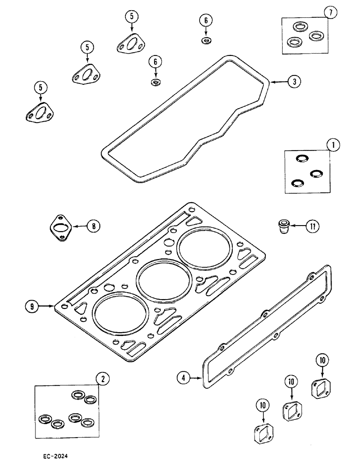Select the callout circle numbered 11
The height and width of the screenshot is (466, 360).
tap(312, 227)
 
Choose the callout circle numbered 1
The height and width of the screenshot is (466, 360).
tap(333, 145)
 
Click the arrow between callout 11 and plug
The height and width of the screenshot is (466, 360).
tap(298, 227)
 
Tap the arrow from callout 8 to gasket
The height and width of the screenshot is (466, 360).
tap(78, 226)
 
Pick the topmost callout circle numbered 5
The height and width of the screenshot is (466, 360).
tap(132, 16)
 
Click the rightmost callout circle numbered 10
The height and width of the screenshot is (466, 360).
tap(322, 360)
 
